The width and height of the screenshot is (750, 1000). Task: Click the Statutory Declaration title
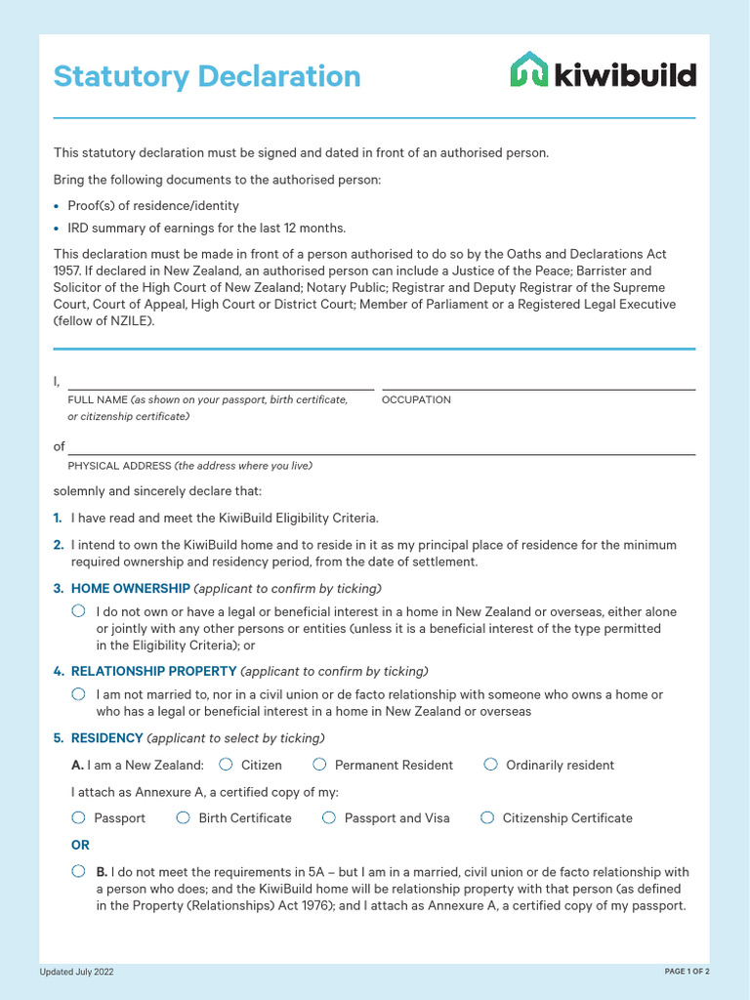pos(207,76)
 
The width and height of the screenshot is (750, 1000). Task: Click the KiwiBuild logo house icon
pos(529,70)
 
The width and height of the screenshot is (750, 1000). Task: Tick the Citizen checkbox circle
pos(226,764)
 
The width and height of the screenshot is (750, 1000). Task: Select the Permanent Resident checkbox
pos(319,764)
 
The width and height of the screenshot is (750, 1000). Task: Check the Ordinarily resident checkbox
pos(490,764)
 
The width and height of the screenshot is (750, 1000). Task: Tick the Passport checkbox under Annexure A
pos(78,817)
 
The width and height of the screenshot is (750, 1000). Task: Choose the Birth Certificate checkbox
pos(183,817)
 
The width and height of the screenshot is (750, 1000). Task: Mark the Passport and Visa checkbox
pos(329,817)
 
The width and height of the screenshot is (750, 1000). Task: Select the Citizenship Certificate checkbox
pos(487,817)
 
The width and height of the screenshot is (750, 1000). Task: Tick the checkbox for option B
pos(78,871)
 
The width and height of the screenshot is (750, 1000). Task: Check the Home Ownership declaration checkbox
pos(78,611)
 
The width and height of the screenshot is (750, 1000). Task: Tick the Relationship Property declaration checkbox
pos(78,693)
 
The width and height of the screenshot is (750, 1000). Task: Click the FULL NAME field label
pos(98,399)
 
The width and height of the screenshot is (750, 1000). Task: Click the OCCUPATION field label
pos(416,399)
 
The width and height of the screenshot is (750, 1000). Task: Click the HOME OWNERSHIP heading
pos(130,588)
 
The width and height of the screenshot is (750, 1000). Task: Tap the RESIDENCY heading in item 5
pos(106,738)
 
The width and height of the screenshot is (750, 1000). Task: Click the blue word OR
pos(80,845)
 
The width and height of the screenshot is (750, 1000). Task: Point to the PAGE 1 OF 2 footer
pos(687,972)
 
